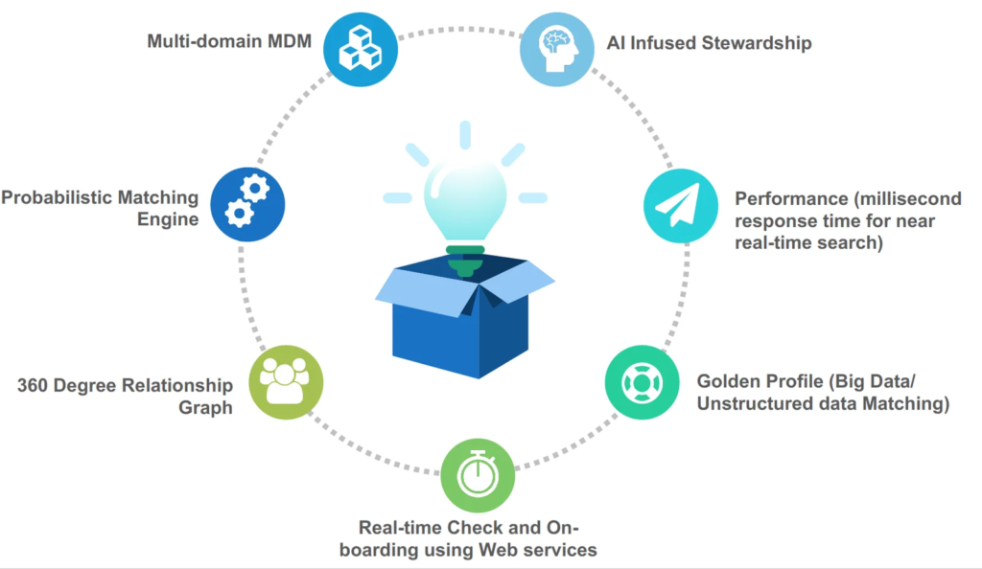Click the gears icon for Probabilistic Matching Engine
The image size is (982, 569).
point(246,202)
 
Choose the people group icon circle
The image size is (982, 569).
point(285,381)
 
